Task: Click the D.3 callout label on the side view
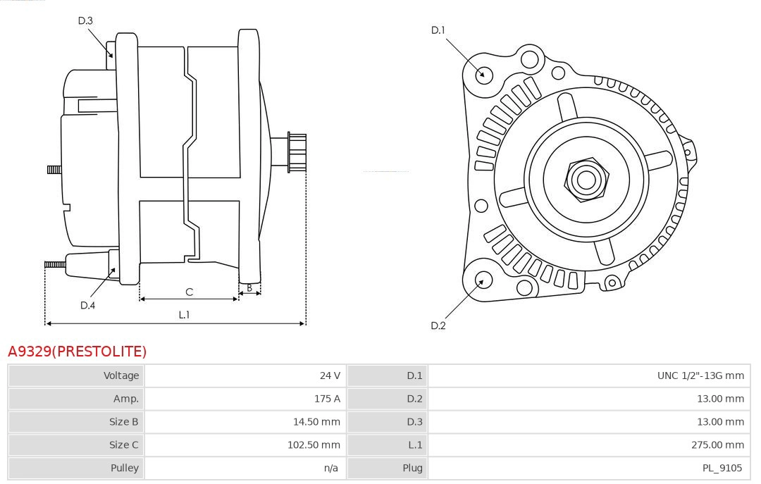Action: pos(85,21)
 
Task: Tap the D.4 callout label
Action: pos(87,305)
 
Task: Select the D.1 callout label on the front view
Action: pos(438,30)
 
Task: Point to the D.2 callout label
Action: pos(438,325)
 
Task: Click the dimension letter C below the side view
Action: pos(189,292)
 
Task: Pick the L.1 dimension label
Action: pos(184,315)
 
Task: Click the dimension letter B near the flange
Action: pos(249,287)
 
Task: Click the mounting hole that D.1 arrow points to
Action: pos(483,73)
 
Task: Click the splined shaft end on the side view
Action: pos(297,153)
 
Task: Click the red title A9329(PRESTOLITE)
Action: pos(77,351)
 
